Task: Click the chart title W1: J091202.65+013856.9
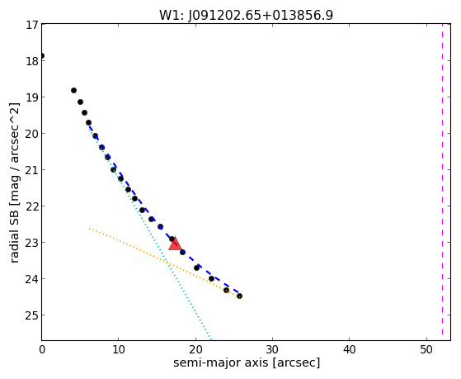pyautogui.click(x=246, y=16)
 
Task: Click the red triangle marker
pyautogui.click(x=175, y=244)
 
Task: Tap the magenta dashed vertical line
pyautogui.click(x=442, y=179)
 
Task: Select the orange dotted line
pyautogui.click(x=165, y=262)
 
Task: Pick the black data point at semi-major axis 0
pyautogui.click(x=42, y=56)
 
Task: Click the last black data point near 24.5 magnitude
pyautogui.click(x=240, y=296)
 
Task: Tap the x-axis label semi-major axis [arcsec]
pyautogui.click(x=247, y=362)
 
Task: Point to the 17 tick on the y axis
pyautogui.click(x=32, y=25)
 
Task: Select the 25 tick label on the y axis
pyautogui.click(x=32, y=315)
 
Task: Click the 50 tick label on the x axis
pyautogui.click(x=426, y=350)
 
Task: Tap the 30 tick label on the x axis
pyautogui.click(x=272, y=350)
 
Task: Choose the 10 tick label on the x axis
pyautogui.click(x=118, y=350)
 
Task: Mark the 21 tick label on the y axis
pyautogui.click(x=32, y=170)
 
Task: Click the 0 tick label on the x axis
pyautogui.click(x=42, y=350)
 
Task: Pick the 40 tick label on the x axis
pyautogui.click(x=350, y=350)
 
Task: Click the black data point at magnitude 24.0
pyautogui.click(x=211, y=278)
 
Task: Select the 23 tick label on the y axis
pyautogui.click(x=32, y=243)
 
